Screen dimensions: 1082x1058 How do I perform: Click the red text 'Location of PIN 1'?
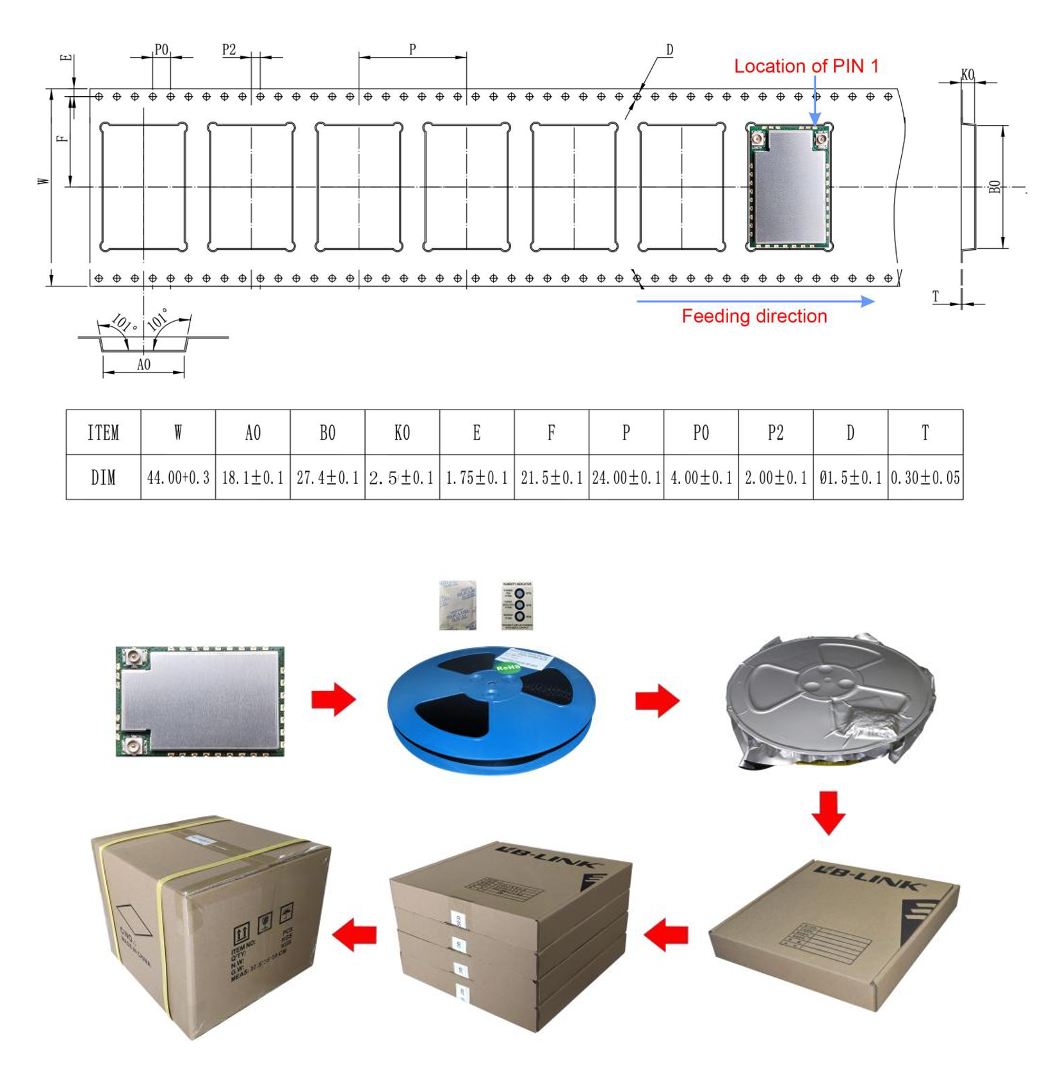pos(806,66)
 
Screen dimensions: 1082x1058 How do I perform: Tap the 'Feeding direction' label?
pos(754,316)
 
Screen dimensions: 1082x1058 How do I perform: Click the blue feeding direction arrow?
pos(756,301)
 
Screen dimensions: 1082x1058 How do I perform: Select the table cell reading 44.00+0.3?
pos(178,478)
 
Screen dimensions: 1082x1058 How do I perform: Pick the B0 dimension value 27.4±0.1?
pos(327,478)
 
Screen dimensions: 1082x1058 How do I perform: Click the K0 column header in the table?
pos(402,433)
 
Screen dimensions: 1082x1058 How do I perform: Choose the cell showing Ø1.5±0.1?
pos(850,478)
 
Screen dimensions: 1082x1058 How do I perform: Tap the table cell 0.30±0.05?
pos(925,478)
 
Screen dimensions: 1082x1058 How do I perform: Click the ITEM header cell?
pos(103,433)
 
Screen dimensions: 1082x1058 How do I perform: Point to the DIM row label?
pos(103,478)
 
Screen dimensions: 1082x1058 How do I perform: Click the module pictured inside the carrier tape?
pos(790,187)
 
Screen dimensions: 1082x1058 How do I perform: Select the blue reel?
pos(492,708)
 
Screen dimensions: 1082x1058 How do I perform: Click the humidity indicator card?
pos(517,605)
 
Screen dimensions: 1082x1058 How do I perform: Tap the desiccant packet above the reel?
pos(457,605)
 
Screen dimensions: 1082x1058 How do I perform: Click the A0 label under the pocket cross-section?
pos(143,365)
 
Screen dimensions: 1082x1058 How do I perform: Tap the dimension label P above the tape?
pos(412,49)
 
